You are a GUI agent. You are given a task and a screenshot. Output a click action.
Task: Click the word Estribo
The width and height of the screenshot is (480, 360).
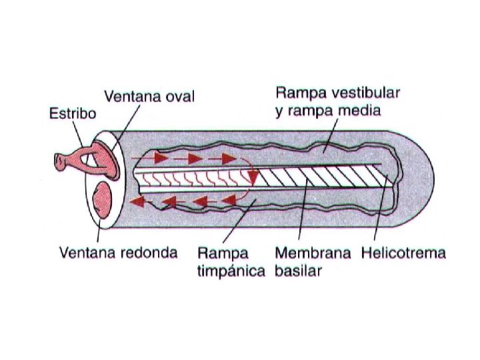coord(73,113)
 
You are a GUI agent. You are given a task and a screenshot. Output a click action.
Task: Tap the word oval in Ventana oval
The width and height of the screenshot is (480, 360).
coord(179,97)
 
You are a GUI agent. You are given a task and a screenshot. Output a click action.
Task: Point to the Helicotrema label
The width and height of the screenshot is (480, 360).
coord(403,253)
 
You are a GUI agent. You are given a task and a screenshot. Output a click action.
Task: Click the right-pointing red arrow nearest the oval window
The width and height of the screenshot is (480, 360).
coord(159,159)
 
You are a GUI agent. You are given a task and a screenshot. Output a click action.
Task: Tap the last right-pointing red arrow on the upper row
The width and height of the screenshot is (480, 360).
coord(227,159)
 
